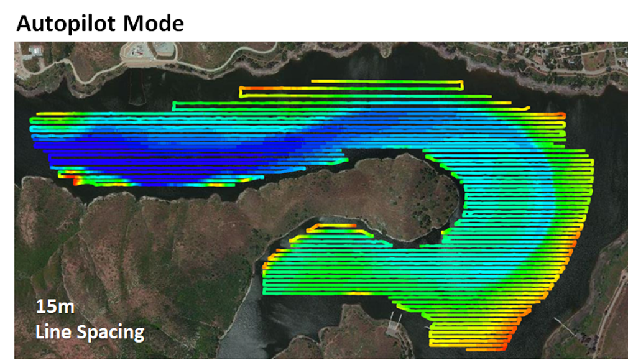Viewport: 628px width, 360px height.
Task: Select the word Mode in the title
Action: click(x=156, y=23)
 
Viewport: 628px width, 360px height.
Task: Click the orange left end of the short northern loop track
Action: click(x=244, y=92)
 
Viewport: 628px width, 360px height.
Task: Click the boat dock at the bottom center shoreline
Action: click(x=392, y=323)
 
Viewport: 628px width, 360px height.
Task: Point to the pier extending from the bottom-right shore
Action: click(x=563, y=323)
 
